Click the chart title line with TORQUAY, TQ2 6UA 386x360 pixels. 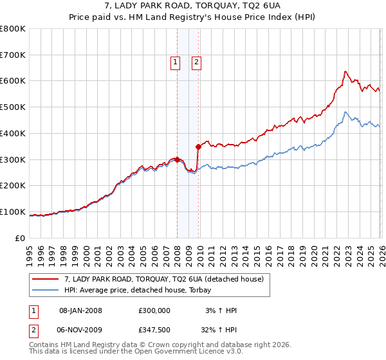(193, 7)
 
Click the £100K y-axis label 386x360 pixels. (13, 212)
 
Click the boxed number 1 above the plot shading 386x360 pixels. (174, 62)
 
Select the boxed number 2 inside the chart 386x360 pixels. (196, 62)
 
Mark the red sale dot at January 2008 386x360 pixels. (177, 159)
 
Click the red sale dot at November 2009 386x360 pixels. (198, 147)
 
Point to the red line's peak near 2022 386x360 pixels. (345, 71)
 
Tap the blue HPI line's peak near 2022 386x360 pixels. (345, 113)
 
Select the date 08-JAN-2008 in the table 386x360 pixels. (80, 310)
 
